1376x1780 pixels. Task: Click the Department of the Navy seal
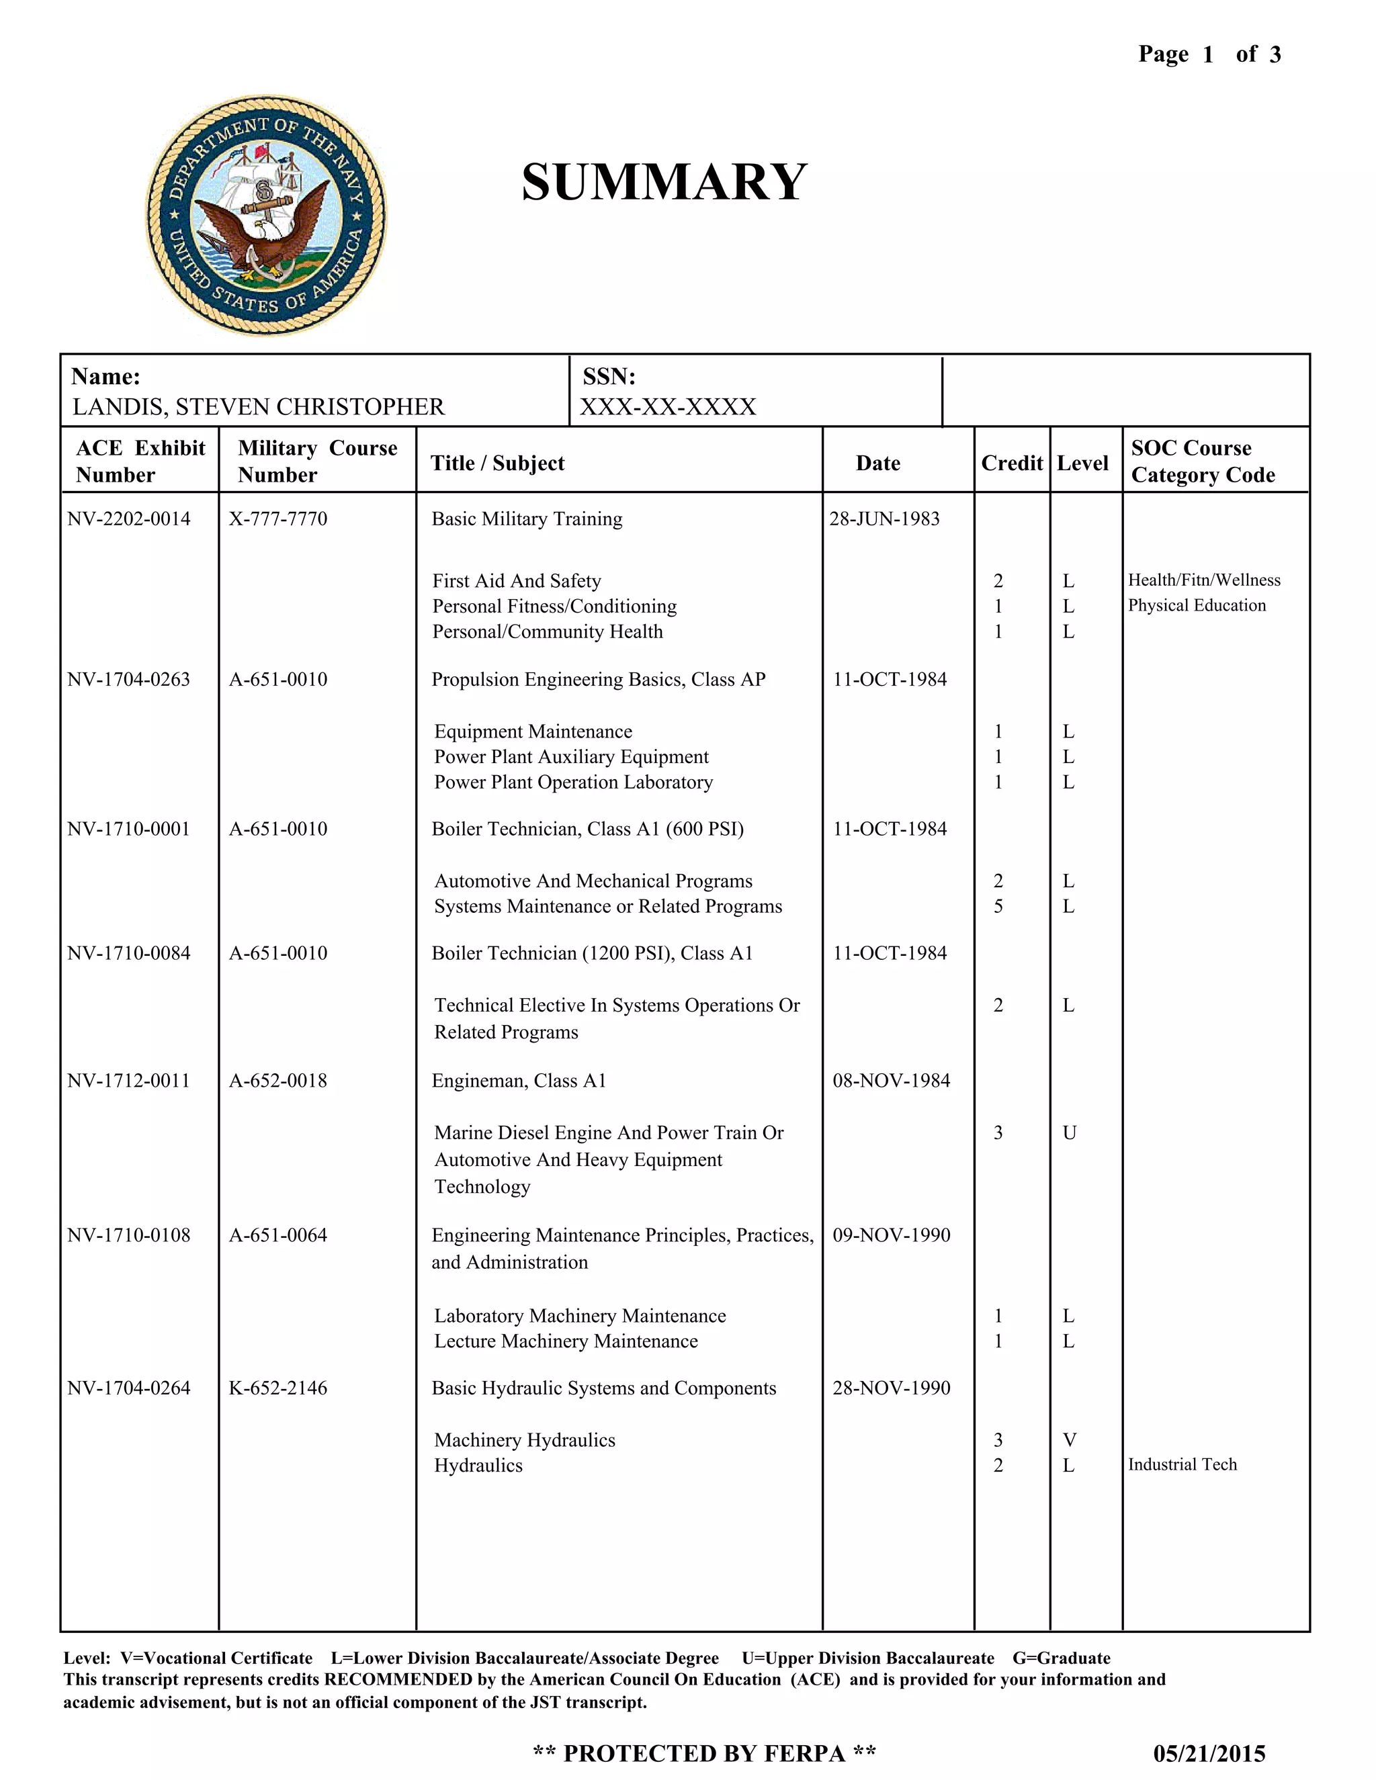266,215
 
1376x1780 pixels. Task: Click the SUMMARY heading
664,182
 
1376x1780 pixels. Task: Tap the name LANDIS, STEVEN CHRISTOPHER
259,406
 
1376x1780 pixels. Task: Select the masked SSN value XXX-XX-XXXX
668,406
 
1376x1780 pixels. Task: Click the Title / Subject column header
497,463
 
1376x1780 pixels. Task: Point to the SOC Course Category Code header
1203,461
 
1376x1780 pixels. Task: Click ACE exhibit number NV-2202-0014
129,519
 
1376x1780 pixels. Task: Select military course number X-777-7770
278,519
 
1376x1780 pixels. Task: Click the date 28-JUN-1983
884,519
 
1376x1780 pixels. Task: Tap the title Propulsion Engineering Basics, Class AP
599,680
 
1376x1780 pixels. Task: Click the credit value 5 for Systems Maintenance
998,906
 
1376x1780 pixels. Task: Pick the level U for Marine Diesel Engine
1070,1133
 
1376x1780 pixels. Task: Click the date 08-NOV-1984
891,1081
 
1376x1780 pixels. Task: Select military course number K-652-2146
278,1388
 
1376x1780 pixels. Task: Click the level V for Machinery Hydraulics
1070,1440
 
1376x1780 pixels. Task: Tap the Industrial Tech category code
1182,1464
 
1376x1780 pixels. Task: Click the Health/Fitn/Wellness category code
1204,580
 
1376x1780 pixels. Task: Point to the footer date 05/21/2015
1209,1753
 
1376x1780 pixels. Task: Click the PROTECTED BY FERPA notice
704,1753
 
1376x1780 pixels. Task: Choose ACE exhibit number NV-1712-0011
129,1081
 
